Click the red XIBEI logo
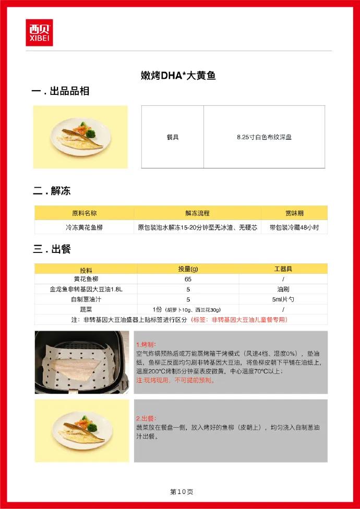coord(39,32)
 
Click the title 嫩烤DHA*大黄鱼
coord(178,76)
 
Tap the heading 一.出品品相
coord(61,91)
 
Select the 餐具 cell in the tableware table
coord(173,137)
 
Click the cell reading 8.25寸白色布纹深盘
coord(264,137)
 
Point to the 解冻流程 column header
coord(197,213)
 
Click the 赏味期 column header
coord(294,213)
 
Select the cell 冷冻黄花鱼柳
coord(84,227)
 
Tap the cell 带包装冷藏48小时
coord(294,227)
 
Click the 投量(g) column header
coord(188,269)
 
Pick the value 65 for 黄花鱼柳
coord(188,279)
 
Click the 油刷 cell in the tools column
coord(283,289)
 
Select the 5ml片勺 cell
coord(283,299)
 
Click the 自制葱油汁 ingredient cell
coord(86,299)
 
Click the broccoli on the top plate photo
coord(91,133)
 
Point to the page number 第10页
coord(182,492)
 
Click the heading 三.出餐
coord(52,249)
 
